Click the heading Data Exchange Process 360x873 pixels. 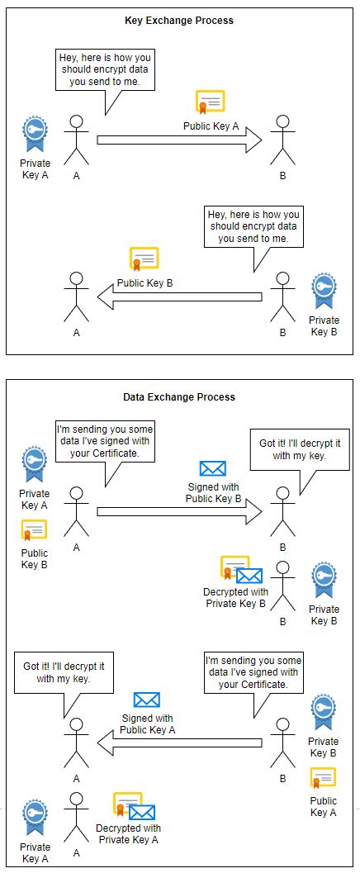coord(179,396)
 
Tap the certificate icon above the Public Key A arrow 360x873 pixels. coord(210,102)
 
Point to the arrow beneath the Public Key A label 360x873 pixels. coord(179,140)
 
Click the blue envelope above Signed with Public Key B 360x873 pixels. coord(212,469)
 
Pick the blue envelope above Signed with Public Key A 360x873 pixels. coord(146,700)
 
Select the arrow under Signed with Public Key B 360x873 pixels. coord(179,512)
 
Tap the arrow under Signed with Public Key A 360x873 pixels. coord(180,743)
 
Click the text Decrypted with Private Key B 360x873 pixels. coord(235,597)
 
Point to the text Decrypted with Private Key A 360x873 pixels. coord(128,833)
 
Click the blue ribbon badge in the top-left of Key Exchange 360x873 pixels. coord(35,132)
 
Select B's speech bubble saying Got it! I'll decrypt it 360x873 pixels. coord(299,449)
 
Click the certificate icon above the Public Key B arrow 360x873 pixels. coord(144,259)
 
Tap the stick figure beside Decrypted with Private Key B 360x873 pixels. coord(282,582)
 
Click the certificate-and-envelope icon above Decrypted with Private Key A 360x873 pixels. coord(135,806)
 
